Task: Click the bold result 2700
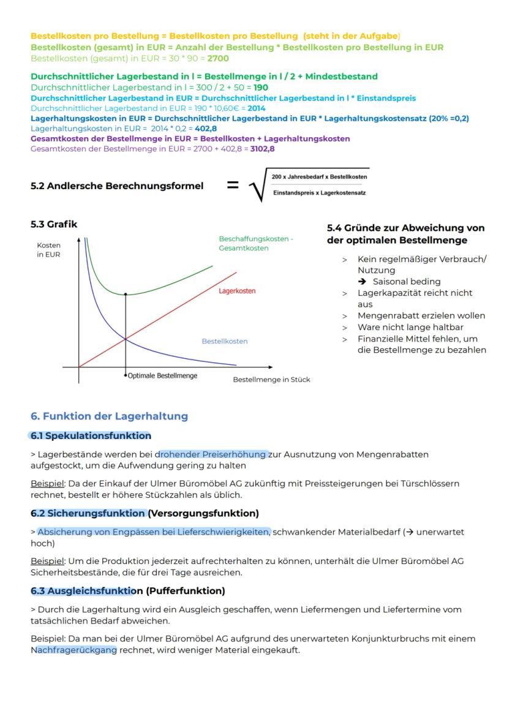(218, 58)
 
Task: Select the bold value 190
(260, 88)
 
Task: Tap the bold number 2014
(257, 108)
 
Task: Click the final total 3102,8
(263, 149)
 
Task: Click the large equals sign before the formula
(233, 184)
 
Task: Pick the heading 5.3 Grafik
(54, 224)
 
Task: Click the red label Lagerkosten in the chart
(237, 291)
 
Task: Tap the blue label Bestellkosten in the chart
(225, 341)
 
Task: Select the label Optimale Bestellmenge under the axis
(162, 375)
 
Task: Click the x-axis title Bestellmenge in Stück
(271, 380)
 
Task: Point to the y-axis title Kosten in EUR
(48, 250)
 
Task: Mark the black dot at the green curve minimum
(126, 295)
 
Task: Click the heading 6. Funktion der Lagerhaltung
(109, 416)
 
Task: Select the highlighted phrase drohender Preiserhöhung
(213, 454)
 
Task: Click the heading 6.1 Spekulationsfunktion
(91, 436)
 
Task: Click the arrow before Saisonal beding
(363, 282)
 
